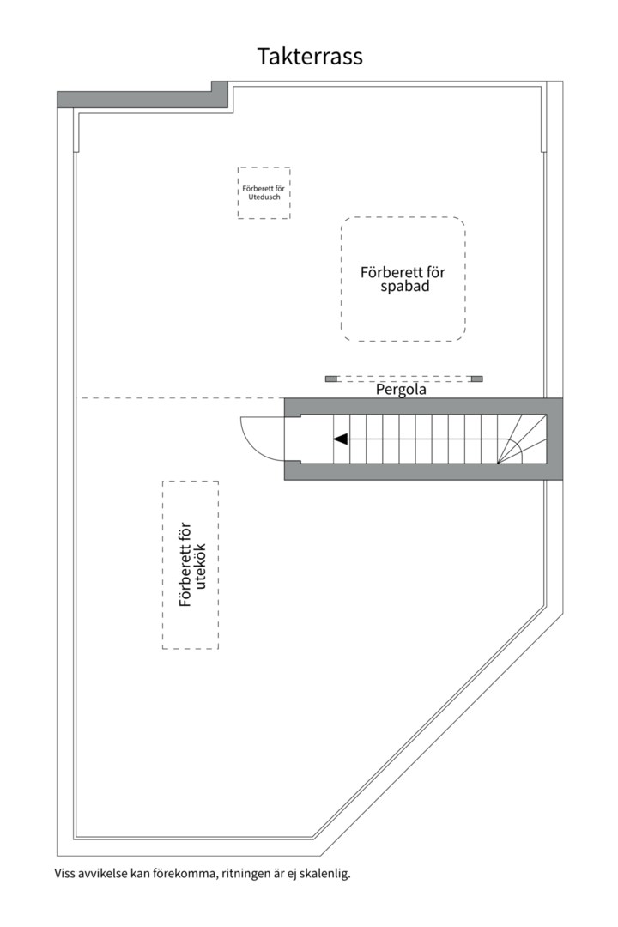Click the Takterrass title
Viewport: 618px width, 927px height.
click(310, 57)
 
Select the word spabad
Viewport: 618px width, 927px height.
click(403, 287)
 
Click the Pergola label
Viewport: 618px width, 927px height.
click(402, 389)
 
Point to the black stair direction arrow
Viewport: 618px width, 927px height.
click(341, 439)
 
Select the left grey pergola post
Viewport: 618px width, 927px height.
click(330, 379)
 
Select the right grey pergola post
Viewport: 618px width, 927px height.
click(477, 379)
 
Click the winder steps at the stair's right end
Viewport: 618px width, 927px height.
click(520, 439)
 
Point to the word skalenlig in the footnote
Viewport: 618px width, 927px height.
click(325, 874)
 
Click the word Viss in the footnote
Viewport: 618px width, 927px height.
click(64, 874)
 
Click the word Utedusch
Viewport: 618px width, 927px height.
click(264, 197)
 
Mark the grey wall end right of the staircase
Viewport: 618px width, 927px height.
click(554, 439)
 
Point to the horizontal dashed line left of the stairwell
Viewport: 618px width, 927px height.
click(180, 398)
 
